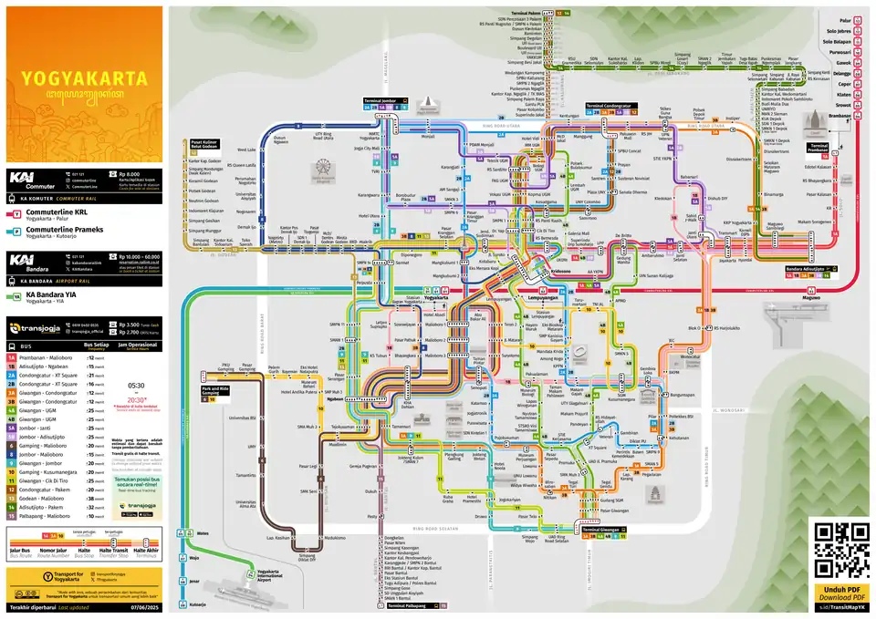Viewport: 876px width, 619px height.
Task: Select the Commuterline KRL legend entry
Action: click(64, 211)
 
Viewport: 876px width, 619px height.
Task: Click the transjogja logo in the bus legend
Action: click(43, 329)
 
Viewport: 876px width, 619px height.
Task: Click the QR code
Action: click(839, 550)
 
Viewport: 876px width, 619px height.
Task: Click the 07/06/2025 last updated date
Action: click(144, 605)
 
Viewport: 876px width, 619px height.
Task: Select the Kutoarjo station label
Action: click(198, 604)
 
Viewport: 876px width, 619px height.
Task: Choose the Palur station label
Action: click(845, 19)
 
